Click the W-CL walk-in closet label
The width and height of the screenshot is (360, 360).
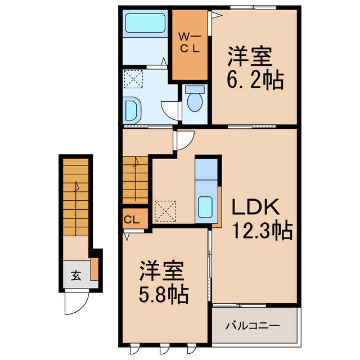(190, 43)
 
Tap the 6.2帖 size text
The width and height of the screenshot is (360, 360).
(255, 82)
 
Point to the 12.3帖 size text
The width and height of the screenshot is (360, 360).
(262, 230)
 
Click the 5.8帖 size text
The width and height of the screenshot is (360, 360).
(164, 294)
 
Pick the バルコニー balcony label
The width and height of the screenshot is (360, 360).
(253, 325)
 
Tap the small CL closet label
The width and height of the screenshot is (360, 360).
(133, 219)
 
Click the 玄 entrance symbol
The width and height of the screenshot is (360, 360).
(75, 276)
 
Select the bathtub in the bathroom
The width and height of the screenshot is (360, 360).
(143, 24)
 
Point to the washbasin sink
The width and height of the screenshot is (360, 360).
(133, 109)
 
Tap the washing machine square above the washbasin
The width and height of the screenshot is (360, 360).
(134, 79)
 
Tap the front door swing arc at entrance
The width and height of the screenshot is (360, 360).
(75, 304)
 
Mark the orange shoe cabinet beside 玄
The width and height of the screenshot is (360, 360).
(94, 269)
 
